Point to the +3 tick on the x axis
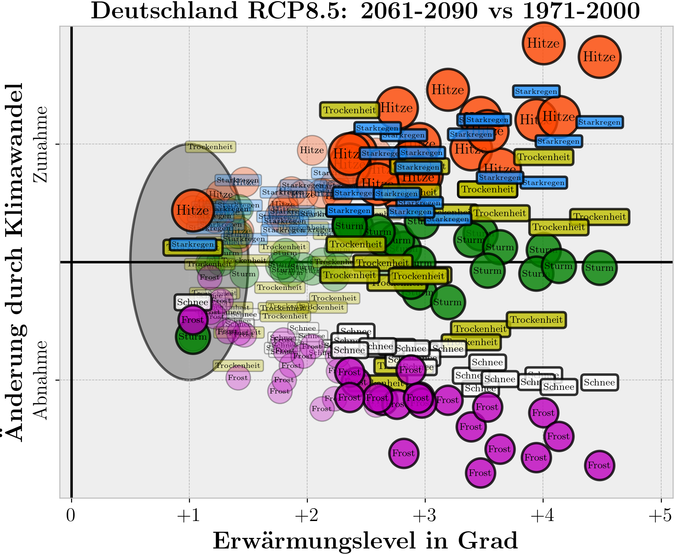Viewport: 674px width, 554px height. click(x=425, y=516)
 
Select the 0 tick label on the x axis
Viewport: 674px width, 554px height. click(x=71, y=516)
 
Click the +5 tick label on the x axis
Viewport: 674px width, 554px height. click(x=660, y=516)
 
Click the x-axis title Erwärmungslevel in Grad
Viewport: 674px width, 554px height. click(x=365, y=541)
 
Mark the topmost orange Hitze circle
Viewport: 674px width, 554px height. click(x=543, y=43)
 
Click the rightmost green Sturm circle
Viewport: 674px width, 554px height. click(x=599, y=268)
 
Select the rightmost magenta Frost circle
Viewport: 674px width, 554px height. click(x=599, y=465)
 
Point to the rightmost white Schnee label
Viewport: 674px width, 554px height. click(x=599, y=383)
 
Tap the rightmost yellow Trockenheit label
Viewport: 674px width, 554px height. click(x=599, y=217)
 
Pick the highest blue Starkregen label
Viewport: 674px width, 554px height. click(x=536, y=91)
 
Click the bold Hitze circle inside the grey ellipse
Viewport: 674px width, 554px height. click(x=193, y=210)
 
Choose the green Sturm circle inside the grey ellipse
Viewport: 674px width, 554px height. click(x=193, y=337)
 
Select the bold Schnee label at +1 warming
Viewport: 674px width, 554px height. click(x=193, y=302)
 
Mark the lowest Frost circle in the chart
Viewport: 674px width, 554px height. click(x=480, y=473)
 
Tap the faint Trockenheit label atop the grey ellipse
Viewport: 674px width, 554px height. click(x=210, y=147)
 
